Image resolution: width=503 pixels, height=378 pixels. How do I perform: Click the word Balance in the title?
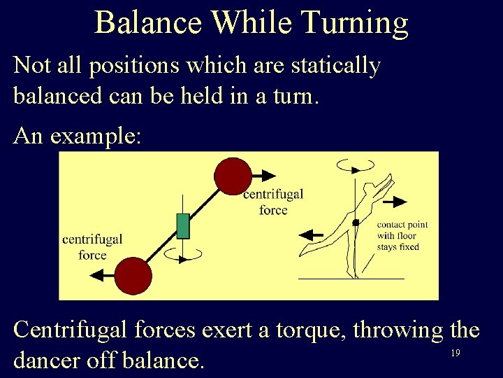tap(148, 22)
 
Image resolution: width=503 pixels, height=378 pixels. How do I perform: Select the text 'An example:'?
tap(77, 135)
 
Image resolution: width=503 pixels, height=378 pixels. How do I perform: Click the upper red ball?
tap(233, 176)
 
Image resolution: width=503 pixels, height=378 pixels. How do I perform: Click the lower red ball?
tap(133, 275)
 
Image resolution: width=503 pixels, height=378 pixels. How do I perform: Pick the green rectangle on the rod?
tap(183, 225)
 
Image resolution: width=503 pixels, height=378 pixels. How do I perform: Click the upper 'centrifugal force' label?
tap(273, 202)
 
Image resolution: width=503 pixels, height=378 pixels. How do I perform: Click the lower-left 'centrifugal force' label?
tap(92, 246)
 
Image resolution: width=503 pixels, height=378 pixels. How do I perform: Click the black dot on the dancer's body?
tap(356, 223)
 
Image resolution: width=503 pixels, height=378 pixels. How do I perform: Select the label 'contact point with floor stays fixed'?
tap(402, 236)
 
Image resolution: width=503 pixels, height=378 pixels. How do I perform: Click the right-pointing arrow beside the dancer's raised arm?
tap(394, 202)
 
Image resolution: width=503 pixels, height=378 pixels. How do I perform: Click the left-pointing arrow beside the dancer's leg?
tap(312, 235)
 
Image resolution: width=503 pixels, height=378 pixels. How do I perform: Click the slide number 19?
tap(455, 353)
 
